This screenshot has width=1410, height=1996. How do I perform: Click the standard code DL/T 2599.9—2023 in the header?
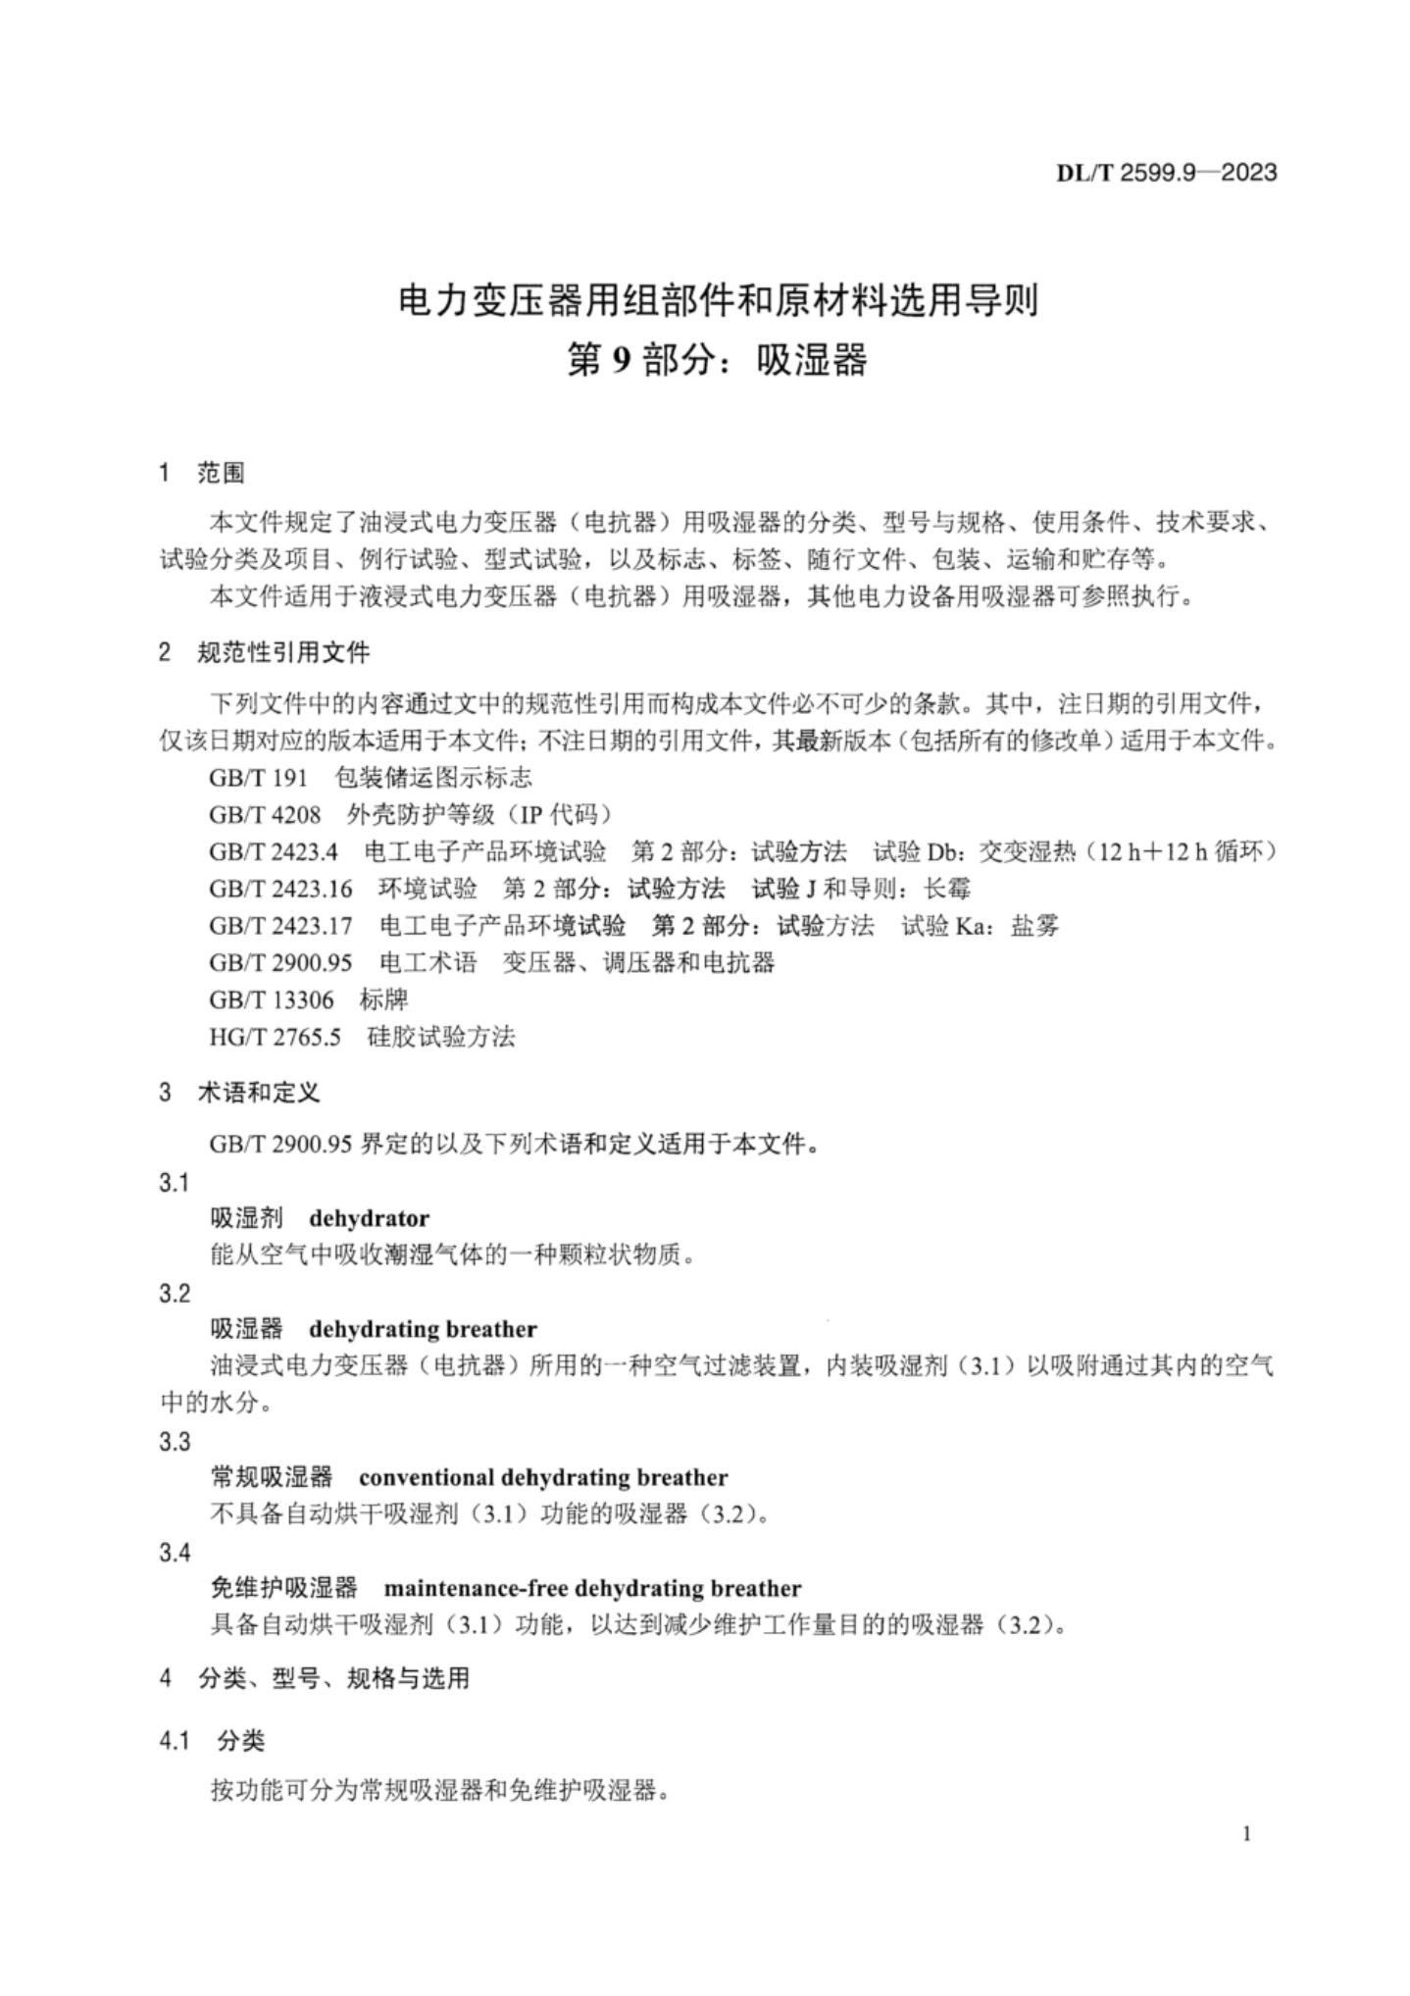point(1166,174)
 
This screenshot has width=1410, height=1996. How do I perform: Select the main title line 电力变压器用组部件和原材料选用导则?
point(718,300)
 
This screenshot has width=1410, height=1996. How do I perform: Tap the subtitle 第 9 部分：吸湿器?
point(718,361)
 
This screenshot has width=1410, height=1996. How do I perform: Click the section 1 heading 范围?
point(221,473)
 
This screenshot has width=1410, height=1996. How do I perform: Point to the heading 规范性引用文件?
point(283,652)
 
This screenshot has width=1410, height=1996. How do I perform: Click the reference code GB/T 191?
point(258,778)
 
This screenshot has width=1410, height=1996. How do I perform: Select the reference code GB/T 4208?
point(265,815)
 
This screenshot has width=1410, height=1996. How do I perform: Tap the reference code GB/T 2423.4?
point(274,851)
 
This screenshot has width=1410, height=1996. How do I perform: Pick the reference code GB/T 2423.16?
point(280,889)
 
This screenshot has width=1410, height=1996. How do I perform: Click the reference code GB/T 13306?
point(271,999)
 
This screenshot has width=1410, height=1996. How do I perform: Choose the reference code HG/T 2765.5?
point(275,1037)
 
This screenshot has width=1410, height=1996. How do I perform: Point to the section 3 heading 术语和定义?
point(259,1092)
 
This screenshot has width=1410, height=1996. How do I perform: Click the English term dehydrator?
point(369,1218)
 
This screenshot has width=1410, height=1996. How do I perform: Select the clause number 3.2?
point(174,1294)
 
